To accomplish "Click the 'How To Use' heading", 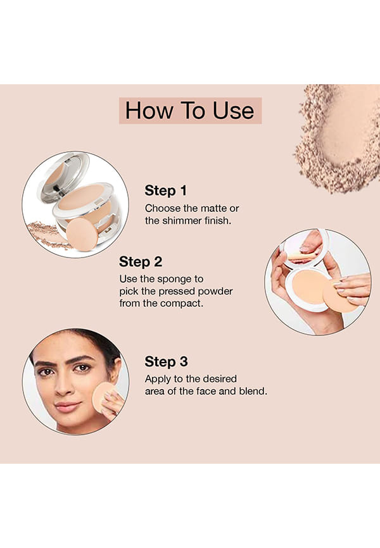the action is [189, 111].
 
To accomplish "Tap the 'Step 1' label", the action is [165, 191].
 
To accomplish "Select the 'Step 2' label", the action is [141, 262].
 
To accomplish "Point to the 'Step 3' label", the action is [166, 362].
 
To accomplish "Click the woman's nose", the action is [63, 386].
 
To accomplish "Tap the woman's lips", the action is [66, 406].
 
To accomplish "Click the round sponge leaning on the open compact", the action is [82, 234].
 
